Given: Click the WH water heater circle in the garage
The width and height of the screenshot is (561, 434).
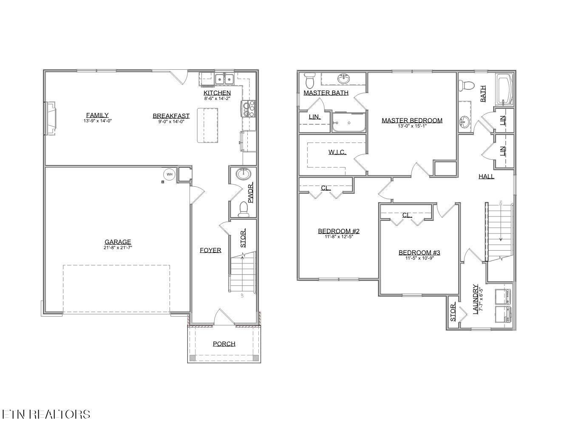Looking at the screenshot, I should (169, 174).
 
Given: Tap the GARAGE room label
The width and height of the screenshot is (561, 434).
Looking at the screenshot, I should (118, 242).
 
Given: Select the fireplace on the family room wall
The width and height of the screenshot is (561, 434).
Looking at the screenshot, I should (50, 118).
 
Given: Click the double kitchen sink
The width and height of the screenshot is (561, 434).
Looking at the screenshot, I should (224, 79).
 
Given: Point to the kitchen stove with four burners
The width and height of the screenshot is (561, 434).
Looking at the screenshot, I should (249, 108).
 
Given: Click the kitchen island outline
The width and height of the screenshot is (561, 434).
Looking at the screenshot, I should (210, 126).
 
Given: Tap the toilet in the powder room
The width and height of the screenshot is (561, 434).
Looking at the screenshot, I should (244, 208).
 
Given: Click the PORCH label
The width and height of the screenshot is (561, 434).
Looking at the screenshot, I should (224, 344).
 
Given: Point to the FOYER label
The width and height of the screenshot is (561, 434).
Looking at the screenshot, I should (210, 250).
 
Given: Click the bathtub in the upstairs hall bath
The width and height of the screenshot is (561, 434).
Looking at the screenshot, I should (504, 90).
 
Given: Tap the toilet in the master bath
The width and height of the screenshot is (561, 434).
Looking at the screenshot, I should (309, 80).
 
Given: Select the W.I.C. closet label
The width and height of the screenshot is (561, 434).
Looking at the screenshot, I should (337, 152).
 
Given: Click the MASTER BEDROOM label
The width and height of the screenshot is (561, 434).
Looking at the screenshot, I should (412, 120).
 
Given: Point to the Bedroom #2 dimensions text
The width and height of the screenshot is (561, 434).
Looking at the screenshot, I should (339, 237).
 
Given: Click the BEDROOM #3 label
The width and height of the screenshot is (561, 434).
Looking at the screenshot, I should (419, 253).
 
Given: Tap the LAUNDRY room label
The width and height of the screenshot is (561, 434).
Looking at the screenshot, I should (476, 299).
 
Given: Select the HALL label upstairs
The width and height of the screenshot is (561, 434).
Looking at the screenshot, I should (486, 176).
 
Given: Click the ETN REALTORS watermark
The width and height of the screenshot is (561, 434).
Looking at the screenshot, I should (46, 414).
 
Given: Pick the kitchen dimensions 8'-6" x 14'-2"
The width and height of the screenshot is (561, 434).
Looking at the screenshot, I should (217, 98).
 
